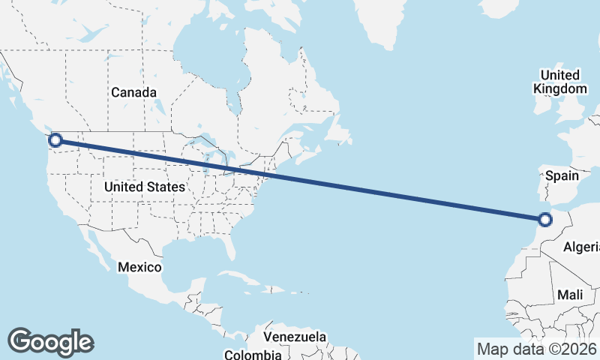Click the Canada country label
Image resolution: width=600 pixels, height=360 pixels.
tap(133, 92)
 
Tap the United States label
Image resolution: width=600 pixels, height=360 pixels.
tap(145, 186)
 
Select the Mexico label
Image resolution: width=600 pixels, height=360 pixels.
tap(140, 267)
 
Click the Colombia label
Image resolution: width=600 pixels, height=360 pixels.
tap(253, 354)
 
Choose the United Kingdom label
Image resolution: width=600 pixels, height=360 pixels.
tap(559, 82)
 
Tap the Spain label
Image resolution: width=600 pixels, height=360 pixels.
tap(562, 175)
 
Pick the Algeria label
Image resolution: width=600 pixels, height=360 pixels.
tap(582, 247)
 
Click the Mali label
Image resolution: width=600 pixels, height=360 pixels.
tap(570, 295)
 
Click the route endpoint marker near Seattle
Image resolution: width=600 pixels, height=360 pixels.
tap(55, 139)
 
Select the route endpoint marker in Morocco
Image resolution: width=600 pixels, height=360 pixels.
tap(545, 220)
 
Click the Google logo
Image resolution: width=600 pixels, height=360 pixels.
tap(50, 341)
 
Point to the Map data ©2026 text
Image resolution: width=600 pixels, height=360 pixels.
tap(536, 348)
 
